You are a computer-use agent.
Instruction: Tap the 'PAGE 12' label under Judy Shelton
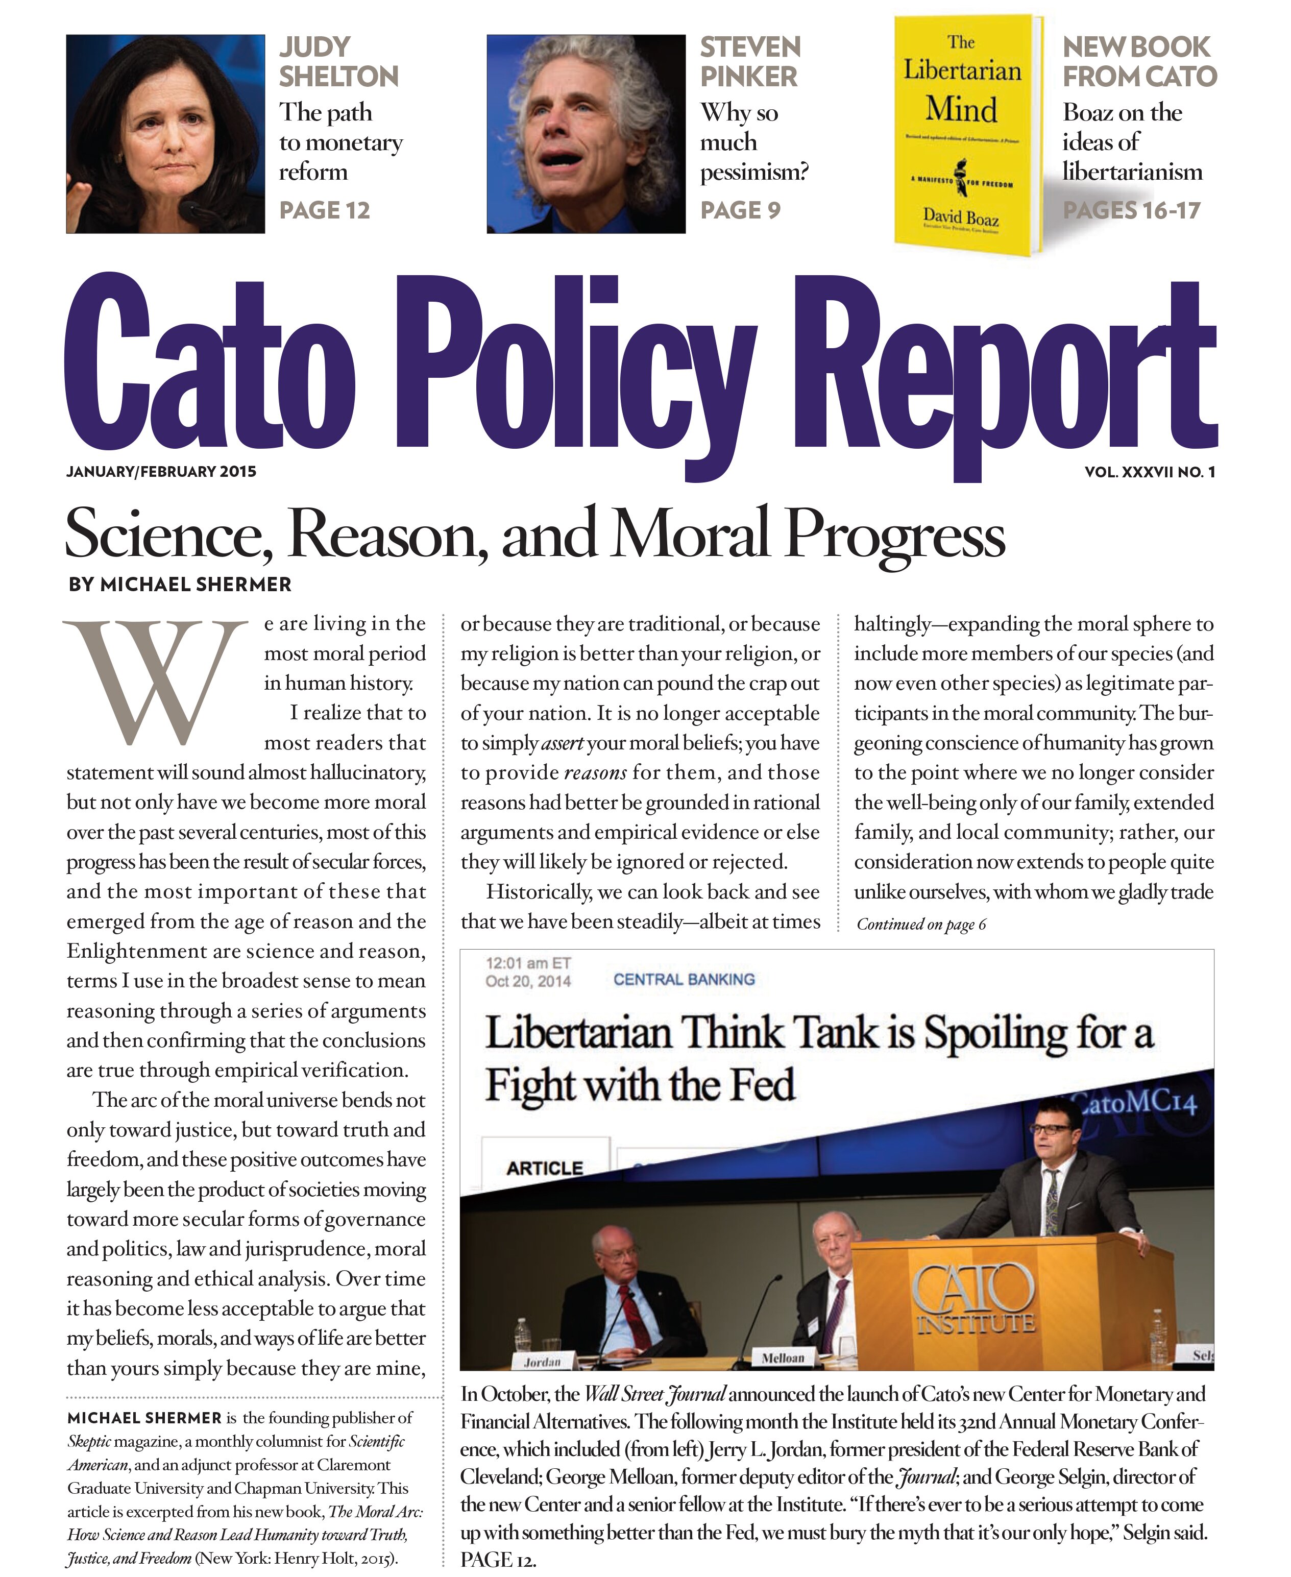click(x=324, y=210)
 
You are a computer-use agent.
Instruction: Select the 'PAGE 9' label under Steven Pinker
click(x=740, y=210)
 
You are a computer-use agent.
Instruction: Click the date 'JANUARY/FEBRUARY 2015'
click(x=161, y=471)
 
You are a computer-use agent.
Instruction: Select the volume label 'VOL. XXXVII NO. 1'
click(x=1150, y=471)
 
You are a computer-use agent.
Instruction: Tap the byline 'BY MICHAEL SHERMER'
click(x=180, y=585)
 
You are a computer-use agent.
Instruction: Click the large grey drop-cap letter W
click(x=155, y=681)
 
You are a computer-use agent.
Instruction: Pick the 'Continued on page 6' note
click(x=921, y=924)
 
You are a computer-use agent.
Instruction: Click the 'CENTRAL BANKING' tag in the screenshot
click(x=684, y=979)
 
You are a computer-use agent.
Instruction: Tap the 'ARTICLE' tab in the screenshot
click(x=544, y=1168)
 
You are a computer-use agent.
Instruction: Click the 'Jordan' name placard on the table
click(x=542, y=1362)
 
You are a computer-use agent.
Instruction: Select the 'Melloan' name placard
click(x=783, y=1357)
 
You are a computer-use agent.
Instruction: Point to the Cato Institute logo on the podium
click(x=974, y=1298)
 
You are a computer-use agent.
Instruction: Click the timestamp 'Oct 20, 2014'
click(x=528, y=981)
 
